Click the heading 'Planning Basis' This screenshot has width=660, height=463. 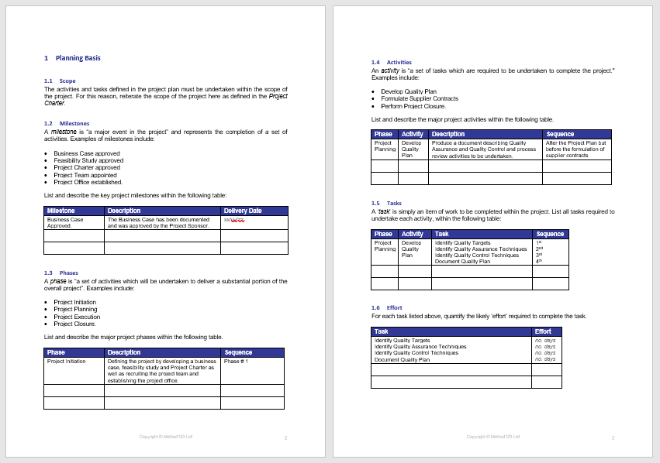(x=78, y=58)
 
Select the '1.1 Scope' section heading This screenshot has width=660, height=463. (x=60, y=81)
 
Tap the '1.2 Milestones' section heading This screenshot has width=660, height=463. (x=67, y=123)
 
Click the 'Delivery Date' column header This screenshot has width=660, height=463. (x=243, y=211)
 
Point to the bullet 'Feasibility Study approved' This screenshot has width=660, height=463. (x=88, y=160)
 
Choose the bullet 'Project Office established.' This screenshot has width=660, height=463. (x=88, y=182)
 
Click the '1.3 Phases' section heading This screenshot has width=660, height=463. (x=61, y=273)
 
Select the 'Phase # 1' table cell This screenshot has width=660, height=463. (x=236, y=361)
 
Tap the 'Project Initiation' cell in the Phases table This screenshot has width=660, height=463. (x=67, y=361)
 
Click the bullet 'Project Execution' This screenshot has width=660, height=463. (x=77, y=317)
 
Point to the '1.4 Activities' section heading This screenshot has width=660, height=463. (x=392, y=62)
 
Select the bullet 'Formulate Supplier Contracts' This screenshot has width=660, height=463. (x=420, y=98)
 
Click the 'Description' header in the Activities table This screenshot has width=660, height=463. (x=448, y=134)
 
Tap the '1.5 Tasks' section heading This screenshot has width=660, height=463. (x=386, y=203)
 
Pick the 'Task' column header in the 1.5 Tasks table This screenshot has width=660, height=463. (x=441, y=234)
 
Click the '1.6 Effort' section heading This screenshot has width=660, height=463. (x=387, y=307)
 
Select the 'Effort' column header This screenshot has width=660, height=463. (x=543, y=331)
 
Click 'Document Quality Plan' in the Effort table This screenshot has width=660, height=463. (x=402, y=359)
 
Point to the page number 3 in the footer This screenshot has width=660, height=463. (x=613, y=438)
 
